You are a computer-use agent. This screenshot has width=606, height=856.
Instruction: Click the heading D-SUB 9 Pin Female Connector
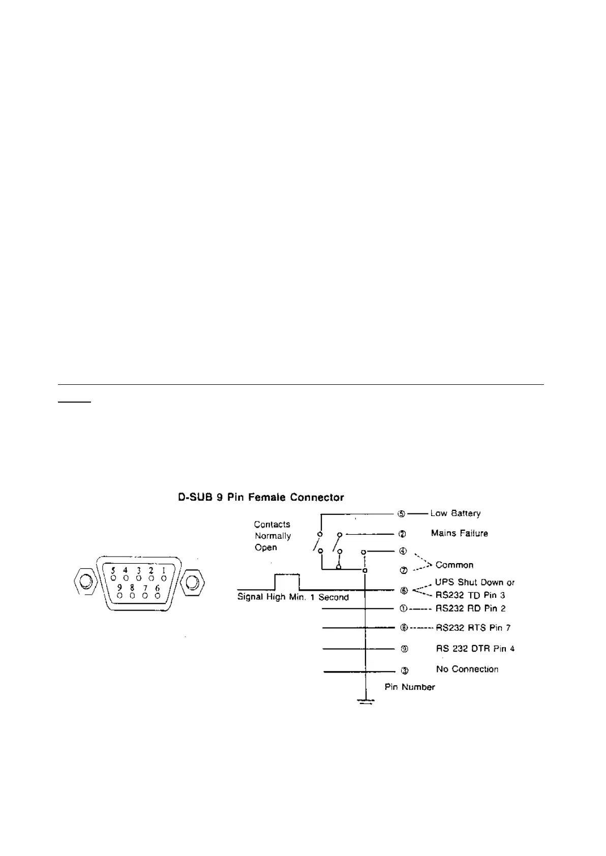tap(261, 497)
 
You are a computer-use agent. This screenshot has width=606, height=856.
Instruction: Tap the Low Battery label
tap(455, 513)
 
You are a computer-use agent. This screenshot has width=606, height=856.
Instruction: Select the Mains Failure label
tap(459, 533)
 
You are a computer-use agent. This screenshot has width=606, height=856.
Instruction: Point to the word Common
tap(454, 565)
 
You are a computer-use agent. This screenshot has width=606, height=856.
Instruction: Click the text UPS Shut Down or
tap(474, 583)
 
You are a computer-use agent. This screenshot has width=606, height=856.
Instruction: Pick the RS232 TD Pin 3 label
tap(470, 595)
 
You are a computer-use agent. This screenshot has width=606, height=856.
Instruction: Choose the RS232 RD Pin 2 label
tap(470, 608)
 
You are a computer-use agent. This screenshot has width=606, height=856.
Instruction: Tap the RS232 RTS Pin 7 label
tap(473, 628)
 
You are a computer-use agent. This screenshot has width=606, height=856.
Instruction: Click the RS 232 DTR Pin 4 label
tap(475, 649)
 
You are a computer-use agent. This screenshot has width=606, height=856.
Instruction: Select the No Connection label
tap(467, 669)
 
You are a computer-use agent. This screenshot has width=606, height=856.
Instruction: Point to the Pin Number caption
tap(409, 687)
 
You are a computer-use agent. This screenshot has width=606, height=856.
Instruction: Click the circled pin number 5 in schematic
tap(402, 513)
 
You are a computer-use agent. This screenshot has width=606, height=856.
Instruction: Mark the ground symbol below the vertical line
tap(366, 702)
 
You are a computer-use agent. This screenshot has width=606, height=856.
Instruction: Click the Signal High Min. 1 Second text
tap(293, 597)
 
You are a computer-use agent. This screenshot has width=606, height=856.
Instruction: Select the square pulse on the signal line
tap(287, 582)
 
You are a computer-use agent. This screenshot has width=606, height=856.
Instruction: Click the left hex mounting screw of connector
tap(86, 581)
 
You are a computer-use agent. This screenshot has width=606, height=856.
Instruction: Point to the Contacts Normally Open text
tap(272, 536)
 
